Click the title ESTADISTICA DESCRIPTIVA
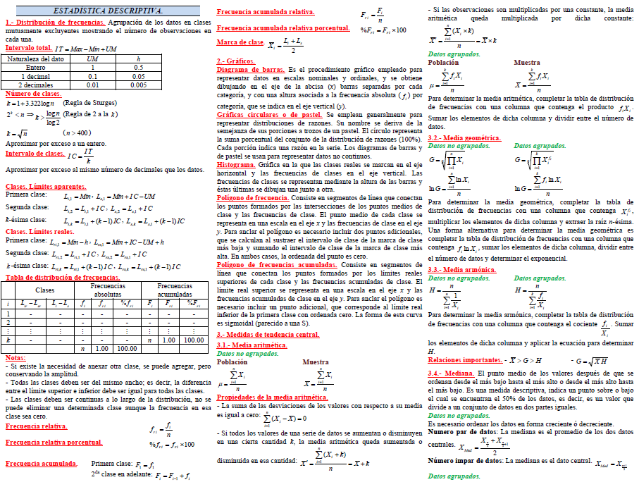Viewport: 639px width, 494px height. pyautogui.click(x=108, y=11)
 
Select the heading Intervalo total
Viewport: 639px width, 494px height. pyautogui.click(x=29, y=48)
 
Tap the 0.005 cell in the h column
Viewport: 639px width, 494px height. pyautogui.click(x=138, y=85)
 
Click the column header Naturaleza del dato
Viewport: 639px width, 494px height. pyautogui.click(x=35, y=59)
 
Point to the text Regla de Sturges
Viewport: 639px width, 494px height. pyautogui.click(x=87, y=102)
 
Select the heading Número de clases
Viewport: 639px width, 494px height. pyautogui.click(x=32, y=93)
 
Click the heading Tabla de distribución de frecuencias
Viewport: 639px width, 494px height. pyautogui.click(x=62, y=278)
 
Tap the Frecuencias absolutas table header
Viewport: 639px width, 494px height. pyautogui.click(x=108, y=290)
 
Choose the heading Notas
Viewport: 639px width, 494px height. pyautogui.click(x=15, y=357)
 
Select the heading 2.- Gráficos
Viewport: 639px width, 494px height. pyautogui.click(x=236, y=61)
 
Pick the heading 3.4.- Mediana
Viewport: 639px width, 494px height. pyautogui.click(x=451, y=372)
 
